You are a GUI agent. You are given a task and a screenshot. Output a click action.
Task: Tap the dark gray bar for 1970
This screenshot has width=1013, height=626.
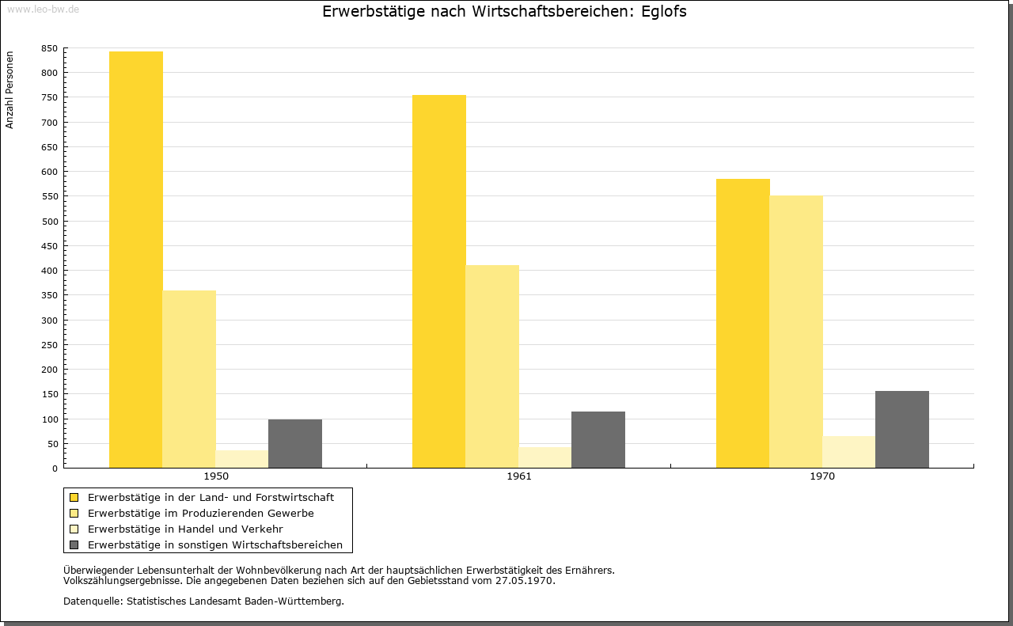click(x=902, y=429)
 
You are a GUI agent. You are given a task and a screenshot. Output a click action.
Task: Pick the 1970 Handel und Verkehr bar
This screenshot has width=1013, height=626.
click(x=849, y=452)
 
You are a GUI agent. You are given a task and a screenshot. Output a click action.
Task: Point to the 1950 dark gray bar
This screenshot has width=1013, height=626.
click(x=295, y=443)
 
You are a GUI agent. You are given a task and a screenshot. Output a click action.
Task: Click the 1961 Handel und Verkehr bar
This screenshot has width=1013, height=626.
click(x=545, y=457)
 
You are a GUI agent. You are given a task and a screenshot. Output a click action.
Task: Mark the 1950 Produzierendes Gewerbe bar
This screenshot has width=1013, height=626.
click(x=189, y=379)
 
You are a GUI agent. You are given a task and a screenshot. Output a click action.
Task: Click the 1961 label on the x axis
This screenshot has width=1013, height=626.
click(x=519, y=476)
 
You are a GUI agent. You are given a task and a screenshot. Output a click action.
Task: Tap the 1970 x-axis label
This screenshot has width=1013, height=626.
click(x=822, y=476)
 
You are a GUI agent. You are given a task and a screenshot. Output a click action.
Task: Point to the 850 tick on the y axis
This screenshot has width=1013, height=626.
click(x=49, y=48)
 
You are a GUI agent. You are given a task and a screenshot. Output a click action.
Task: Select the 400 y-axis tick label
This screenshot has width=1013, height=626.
click(x=49, y=271)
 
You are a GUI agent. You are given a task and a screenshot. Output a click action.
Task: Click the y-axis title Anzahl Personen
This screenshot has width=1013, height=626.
click(x=9, y=90)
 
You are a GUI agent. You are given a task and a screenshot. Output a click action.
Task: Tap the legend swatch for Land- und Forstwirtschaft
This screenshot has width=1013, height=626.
click(x=74, y=497)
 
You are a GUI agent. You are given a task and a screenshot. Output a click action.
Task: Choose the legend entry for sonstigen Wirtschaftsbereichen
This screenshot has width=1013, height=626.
click(x=215, y=544)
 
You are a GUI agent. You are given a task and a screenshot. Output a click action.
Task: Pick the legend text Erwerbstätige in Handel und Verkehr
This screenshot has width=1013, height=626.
click(x=185, y=529)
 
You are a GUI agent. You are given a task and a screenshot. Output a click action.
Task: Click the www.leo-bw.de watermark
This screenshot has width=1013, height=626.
click(x=42, y=9)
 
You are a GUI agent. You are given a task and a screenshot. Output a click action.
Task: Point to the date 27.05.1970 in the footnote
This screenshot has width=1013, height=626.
click(x=525, y=580)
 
